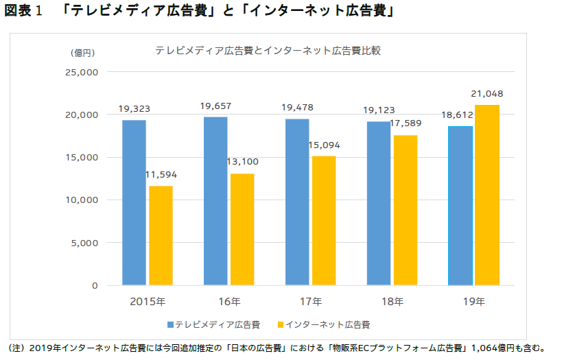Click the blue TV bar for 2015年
point(134,202)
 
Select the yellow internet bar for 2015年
point(161,235)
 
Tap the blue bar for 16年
point(215,201)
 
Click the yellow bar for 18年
point(405,210)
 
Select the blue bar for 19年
point(460,206)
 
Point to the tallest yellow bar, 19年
point(487,195)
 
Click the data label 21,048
point(487,93)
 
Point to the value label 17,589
point(405,123)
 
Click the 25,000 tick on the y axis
point(82,72)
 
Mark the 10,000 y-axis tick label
point(82,200)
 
